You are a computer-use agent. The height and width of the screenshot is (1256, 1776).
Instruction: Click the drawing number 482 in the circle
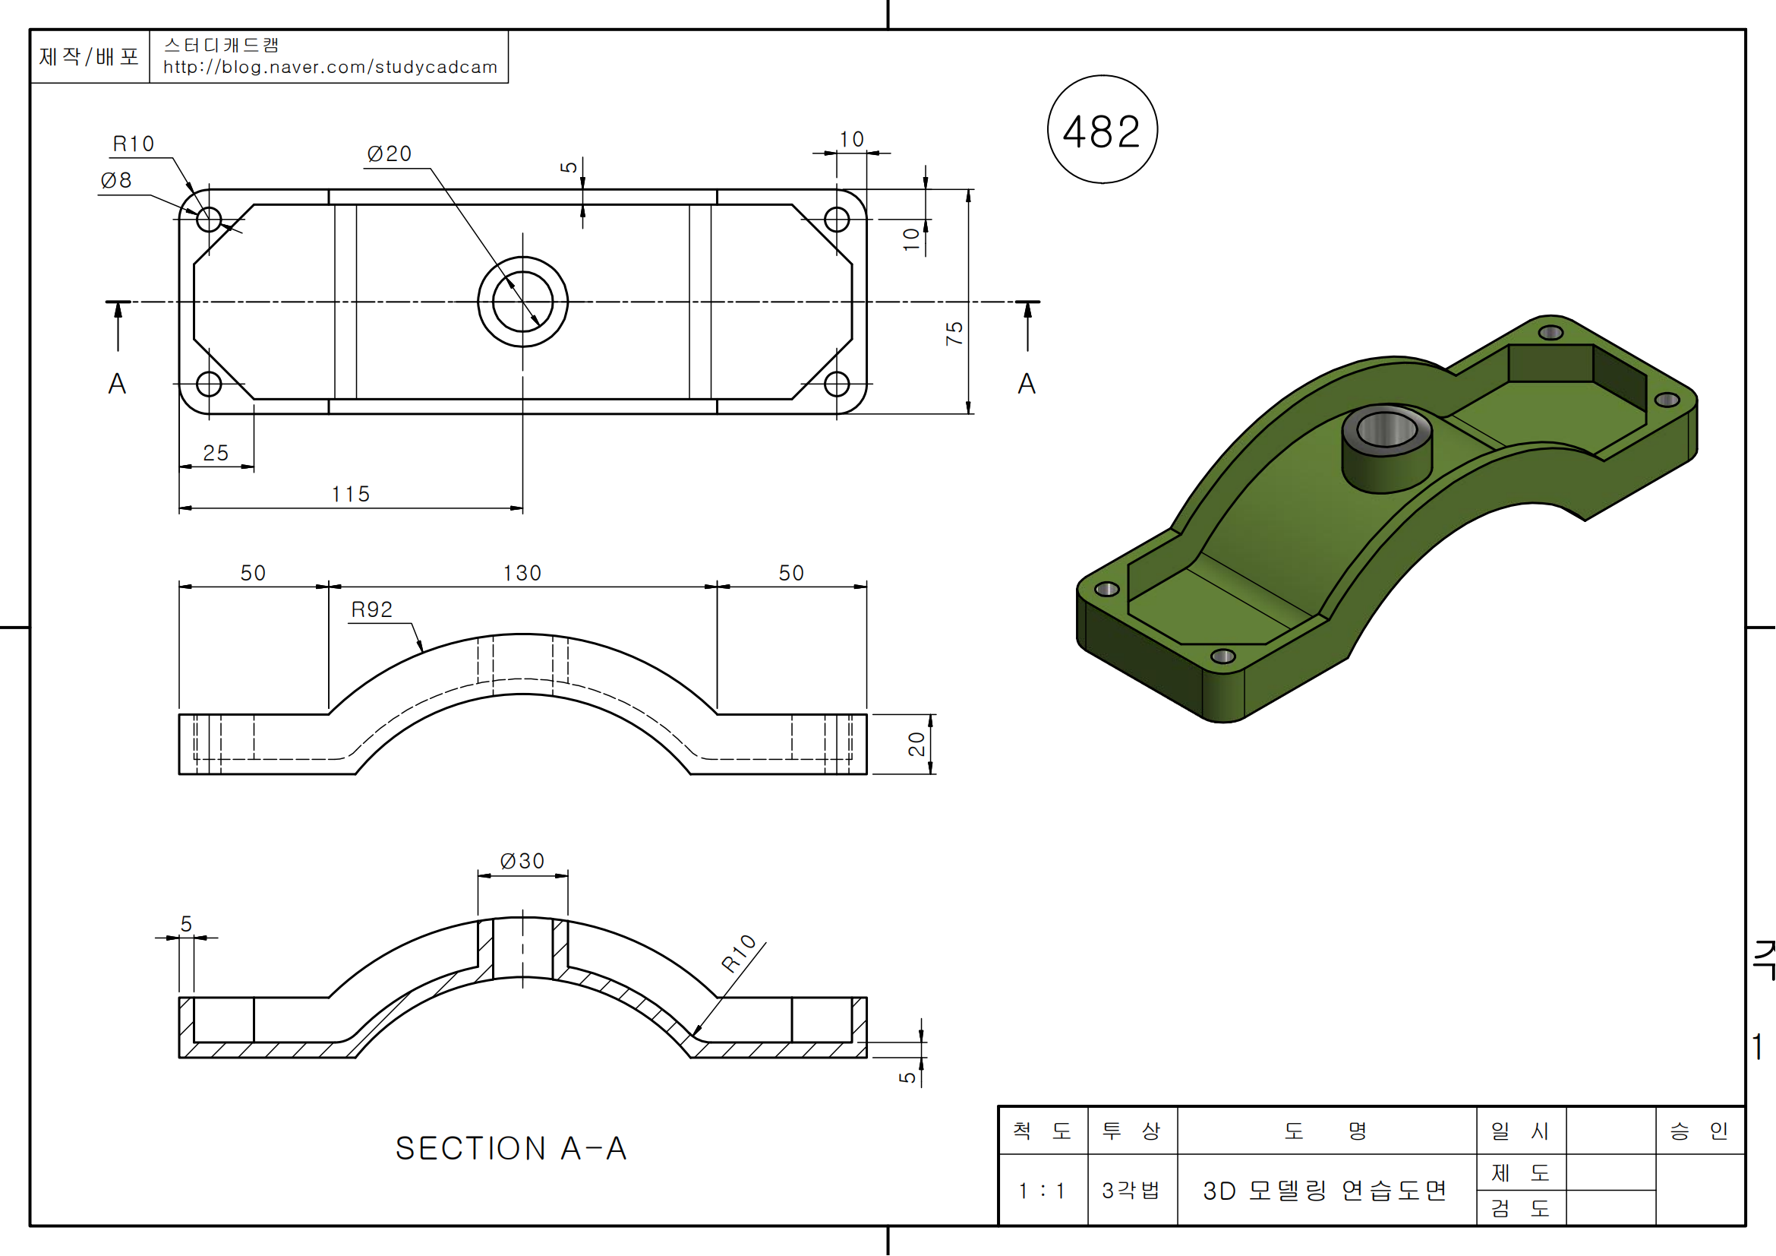click(1102, 131)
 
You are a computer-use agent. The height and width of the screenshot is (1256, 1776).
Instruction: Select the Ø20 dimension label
click(389, 154)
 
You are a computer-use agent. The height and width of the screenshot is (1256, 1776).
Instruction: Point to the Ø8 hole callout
click(116, 180)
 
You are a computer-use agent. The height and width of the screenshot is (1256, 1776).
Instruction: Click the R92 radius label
click(372, 610)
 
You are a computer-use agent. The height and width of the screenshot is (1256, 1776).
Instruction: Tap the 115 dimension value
click(352, 494)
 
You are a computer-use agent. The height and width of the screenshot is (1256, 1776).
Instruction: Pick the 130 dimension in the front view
click(522, 573)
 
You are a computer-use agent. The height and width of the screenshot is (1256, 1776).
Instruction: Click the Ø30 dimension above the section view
click(522, 861)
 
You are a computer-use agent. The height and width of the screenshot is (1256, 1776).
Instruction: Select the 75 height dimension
click(954, 333)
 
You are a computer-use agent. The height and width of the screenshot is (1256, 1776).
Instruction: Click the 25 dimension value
click(216, 453)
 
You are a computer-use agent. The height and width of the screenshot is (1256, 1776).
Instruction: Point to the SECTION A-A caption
click(511, 1148)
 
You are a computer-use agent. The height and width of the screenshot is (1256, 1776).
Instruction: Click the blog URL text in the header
click(330, 68)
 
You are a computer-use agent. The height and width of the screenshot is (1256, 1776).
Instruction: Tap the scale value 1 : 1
click(1042, 1190)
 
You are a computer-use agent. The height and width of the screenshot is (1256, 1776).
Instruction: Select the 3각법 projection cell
click(1131, 1190)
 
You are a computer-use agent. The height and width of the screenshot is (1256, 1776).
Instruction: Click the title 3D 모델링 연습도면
click(1325, 1190)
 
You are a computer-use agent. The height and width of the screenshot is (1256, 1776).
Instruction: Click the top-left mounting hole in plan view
click(209, 220)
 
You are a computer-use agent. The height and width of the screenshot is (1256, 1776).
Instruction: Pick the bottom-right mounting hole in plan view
click(837, 384)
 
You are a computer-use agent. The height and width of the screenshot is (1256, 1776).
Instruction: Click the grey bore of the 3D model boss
click(1387, 429)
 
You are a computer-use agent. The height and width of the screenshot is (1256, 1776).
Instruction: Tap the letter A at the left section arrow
click(117, 384)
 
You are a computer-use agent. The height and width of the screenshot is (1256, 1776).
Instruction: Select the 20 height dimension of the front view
click(916, 744)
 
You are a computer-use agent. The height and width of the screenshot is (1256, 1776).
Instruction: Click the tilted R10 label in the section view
click(739, 953)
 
